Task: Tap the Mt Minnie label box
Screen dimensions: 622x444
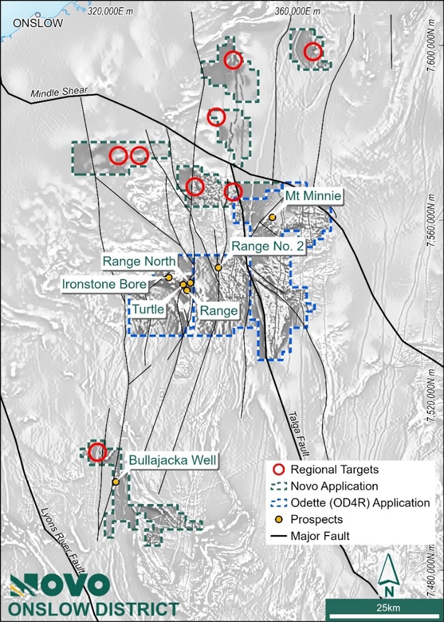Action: click(313, 195)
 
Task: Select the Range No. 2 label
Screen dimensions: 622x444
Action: click(268, 246)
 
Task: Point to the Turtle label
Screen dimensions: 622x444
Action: click(148, 308)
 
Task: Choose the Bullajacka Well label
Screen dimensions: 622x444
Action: click(173, 460)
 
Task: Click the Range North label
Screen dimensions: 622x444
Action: click(138, 261)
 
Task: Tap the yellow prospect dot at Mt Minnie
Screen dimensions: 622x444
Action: click(272, 217)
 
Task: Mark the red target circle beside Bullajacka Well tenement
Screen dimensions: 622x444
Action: click(98, 452)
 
